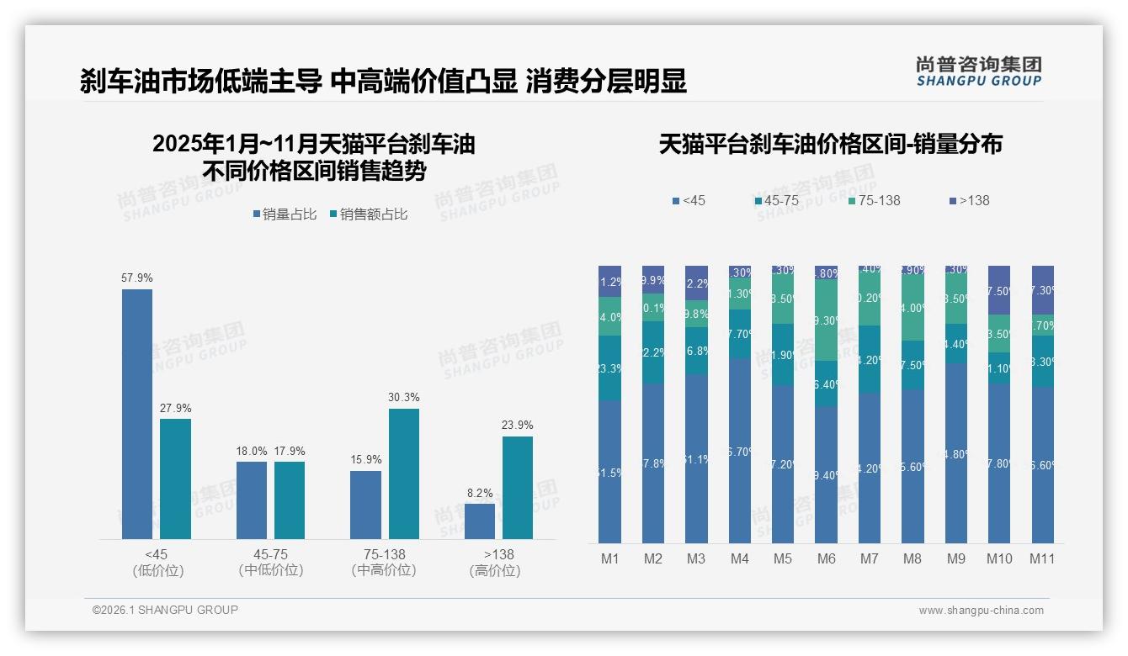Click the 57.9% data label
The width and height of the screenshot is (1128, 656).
point(137,278)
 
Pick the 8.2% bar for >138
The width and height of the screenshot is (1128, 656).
point(480,521)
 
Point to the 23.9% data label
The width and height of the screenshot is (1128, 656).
point(517,425)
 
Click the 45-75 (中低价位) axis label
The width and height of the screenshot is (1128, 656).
point(271,562)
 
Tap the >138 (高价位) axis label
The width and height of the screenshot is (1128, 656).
point(498,562)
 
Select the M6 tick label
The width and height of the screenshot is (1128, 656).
point(826,558)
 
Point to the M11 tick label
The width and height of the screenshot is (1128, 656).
point(1042,558)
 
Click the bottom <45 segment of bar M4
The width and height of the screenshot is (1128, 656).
point(740,451)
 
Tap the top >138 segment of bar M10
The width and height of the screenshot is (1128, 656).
point(999,289)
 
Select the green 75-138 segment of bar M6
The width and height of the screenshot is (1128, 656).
point(826,320)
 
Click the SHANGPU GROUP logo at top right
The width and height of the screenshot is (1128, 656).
point(978,71)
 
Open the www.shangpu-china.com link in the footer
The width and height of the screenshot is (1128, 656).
point(981,611)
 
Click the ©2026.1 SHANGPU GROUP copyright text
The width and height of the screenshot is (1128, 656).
point(165,610)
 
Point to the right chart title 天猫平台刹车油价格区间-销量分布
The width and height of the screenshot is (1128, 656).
point(830,145)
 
